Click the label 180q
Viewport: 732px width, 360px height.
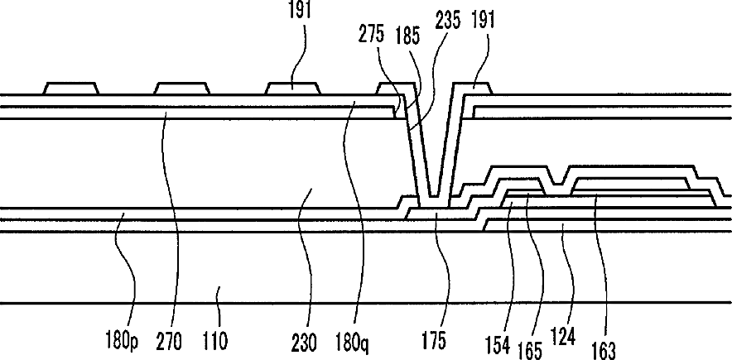point(352,344)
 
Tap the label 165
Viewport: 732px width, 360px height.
point(531,351)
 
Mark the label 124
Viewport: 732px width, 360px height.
point(563,337)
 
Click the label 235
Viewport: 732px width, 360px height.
point(447,21)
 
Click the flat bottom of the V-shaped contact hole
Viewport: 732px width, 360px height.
point(434,195)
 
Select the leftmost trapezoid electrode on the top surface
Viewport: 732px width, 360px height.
point(71,89)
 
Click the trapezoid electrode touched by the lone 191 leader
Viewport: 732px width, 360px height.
point(292,89)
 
